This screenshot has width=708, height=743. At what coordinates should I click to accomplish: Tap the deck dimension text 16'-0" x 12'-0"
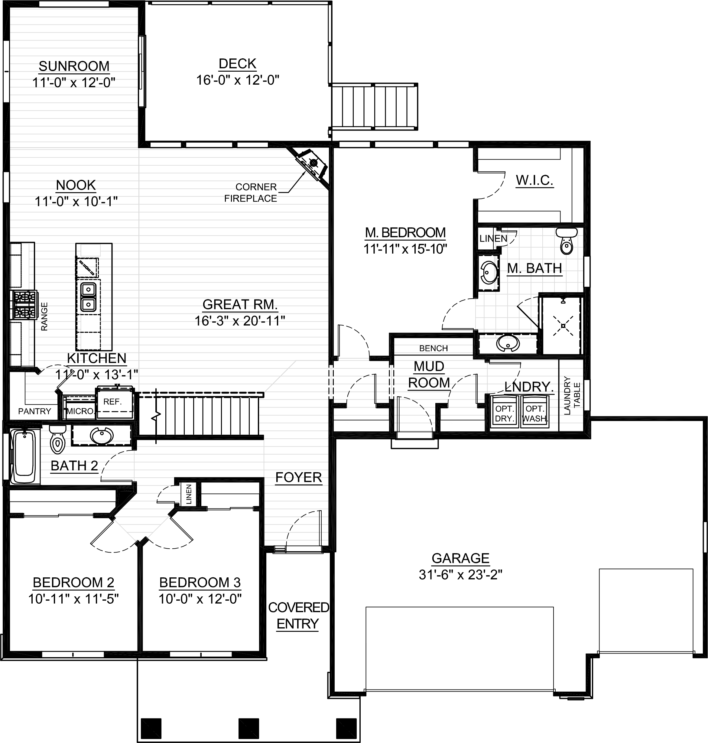point(237,80)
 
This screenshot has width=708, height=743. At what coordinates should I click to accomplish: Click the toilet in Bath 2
point(57,440)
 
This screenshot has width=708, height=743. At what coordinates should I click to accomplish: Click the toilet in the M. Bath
point(566,241)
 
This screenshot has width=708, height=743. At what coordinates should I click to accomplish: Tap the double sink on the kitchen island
point(88,297)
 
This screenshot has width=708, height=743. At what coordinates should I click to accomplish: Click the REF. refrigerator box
point(114,403)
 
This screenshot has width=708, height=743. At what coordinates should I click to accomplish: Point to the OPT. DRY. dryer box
point(505,413)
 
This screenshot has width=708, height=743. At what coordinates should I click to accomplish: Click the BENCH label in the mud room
point(433,348)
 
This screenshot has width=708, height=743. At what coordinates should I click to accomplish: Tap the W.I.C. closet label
point(534,180)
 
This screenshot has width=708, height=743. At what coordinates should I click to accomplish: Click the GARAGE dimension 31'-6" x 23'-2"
point(460,575)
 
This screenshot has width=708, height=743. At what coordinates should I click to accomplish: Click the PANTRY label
point(34,411)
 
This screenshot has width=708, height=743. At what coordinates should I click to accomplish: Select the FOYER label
point(298,477)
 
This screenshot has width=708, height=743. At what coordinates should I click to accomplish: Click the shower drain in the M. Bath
point(563,326)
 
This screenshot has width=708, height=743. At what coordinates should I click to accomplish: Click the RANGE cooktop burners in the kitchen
point(24,304)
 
